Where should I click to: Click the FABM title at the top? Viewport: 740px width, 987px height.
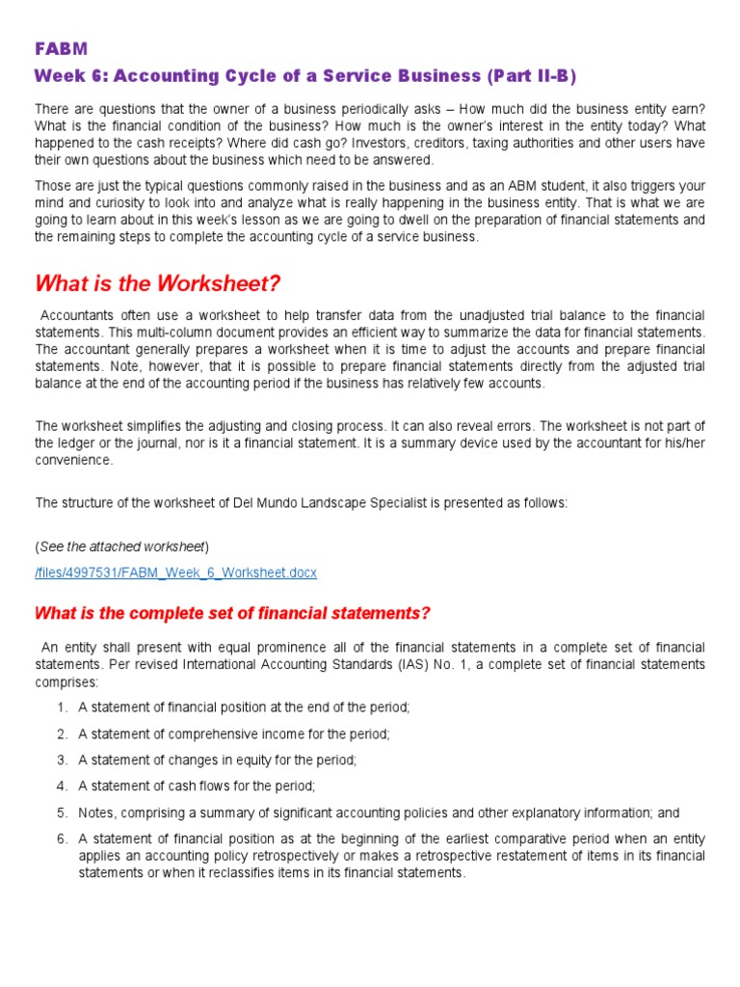coord(62,48)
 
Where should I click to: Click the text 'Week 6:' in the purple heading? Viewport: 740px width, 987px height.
coord(67,76)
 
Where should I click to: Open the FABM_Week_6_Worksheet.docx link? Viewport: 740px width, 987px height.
coord(175,573)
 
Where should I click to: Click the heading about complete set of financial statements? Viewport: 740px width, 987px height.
coord(232,614)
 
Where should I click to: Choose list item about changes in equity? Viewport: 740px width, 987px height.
coord(217,760)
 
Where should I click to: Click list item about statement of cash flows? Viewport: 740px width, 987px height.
coord(197,787)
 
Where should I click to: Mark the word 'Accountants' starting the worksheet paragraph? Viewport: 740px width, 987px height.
coord(75,315)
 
